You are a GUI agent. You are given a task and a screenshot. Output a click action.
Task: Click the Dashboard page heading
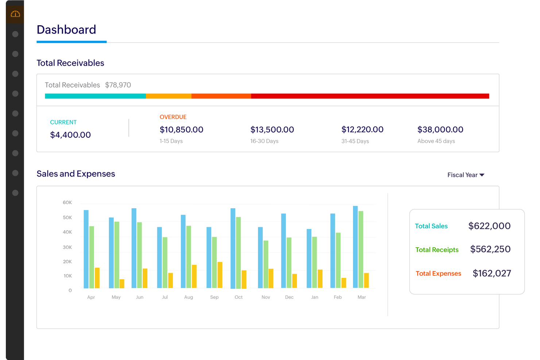pos(66,30)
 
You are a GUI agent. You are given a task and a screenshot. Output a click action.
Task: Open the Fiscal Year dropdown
pos(466,175)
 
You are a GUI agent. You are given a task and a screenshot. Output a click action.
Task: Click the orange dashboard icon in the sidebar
pos(15,14)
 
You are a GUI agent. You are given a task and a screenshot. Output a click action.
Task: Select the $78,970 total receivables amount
pos(118,85)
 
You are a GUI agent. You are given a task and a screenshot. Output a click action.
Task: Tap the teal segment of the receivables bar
pos(95,96)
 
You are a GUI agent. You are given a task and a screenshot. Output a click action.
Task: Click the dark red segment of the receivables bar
pos(370,96)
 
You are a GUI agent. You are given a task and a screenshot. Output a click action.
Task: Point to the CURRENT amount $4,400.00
pos(70,135)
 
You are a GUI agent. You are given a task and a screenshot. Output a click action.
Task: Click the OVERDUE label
pos(173,117)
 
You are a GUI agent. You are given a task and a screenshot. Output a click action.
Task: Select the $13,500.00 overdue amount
pos(272,129)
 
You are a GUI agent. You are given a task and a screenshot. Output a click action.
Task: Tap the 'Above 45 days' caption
pos(436,141)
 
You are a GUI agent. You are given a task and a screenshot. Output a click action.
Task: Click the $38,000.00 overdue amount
pos(440,129)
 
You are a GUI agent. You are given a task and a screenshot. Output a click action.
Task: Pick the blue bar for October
pos(233,248)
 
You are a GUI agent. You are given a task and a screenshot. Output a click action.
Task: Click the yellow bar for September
pos(220,275)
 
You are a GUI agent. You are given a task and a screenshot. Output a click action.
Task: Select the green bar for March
pos(361,249)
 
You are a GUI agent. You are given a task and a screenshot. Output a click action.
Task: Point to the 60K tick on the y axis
pos(67,202)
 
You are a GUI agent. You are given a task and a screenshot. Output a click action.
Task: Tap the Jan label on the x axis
pos(315,297)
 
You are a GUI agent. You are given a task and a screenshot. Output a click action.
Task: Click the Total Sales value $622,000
pos(489,226)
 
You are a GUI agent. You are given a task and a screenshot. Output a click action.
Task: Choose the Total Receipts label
pos(437,250)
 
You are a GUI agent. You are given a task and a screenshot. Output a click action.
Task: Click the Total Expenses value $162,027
pos(491,274)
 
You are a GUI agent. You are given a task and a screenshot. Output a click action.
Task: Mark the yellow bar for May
pos(122,284)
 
